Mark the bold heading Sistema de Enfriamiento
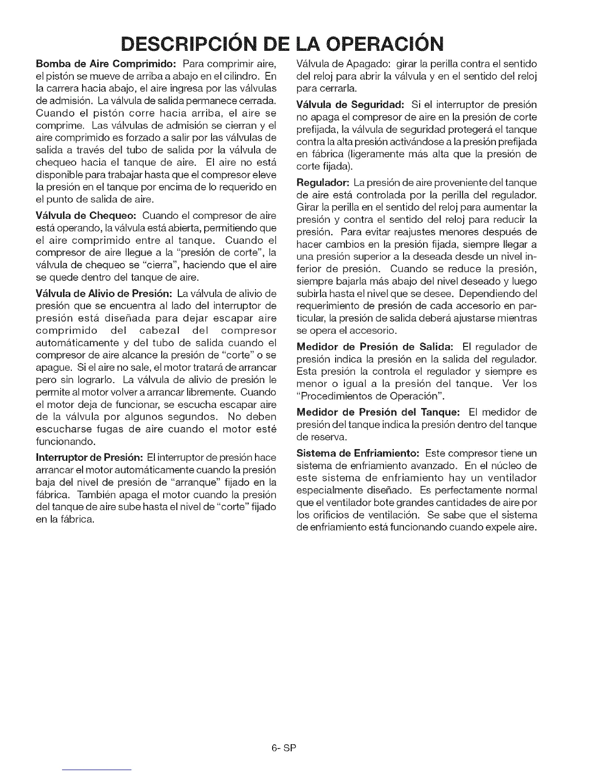coord(358,453)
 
